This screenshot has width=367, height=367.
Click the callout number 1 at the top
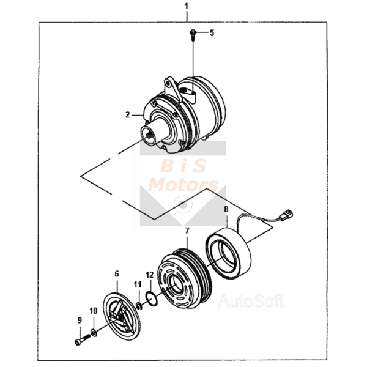[186, 7]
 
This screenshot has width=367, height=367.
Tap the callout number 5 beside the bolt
[212, 33]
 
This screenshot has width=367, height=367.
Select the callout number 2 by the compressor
[127, 115]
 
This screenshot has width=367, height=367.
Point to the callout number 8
[226, 209]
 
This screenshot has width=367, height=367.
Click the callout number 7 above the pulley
[187, 231]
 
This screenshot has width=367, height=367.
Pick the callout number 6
[117, 273]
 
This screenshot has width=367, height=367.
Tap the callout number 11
[138, 284]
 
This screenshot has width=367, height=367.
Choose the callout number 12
[150, 275]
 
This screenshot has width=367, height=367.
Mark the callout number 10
[94, 311]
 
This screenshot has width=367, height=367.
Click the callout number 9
[80, 320]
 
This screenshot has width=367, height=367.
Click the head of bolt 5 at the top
[192, 32]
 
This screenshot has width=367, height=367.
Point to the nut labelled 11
[139, 305]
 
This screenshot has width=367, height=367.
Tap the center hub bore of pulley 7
[175, 285]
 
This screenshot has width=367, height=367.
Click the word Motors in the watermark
[183, 185]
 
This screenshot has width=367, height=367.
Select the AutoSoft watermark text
[251, 301]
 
